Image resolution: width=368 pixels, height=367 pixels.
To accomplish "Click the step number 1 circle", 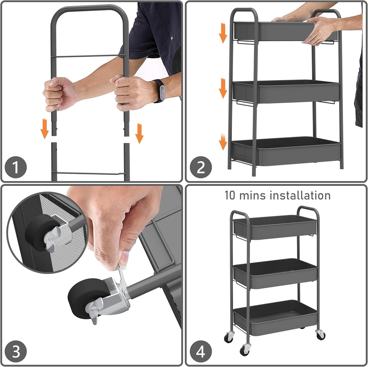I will (16, 168).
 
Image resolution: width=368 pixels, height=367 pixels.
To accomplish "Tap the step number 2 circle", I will (201, 168).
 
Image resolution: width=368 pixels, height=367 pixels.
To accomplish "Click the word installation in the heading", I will (300, 195).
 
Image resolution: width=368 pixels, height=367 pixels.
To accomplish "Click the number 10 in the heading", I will (230, 195).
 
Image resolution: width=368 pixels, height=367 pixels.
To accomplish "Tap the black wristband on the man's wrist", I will (159, 91).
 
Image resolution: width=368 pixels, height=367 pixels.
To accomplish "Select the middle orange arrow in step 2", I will (223, 88).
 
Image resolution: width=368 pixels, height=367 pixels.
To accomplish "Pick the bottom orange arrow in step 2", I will (223, 142).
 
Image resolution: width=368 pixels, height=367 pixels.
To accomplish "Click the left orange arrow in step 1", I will (45, 129).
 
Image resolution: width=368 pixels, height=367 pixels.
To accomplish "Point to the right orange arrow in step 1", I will (139, 134).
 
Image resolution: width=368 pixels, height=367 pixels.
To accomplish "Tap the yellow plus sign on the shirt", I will (172, 38).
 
